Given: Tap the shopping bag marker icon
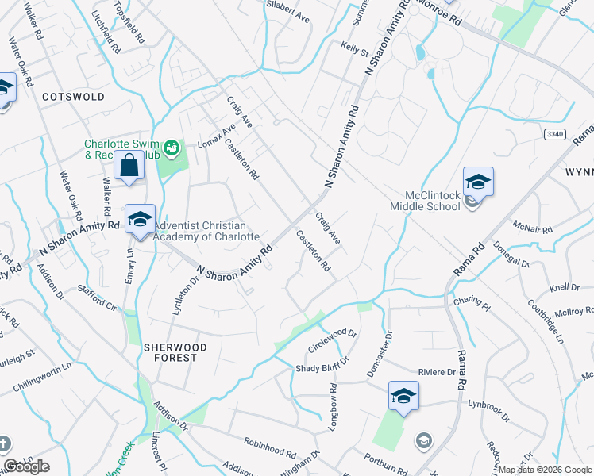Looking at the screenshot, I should (128, 167).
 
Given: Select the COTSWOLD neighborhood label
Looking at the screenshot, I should (73, 97).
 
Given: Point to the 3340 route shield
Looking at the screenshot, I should (556, 135).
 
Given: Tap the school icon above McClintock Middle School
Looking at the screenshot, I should (479, 182).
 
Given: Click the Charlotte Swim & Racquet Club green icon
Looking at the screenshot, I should (170, 147).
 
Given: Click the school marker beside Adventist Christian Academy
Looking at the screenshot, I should (140, 220).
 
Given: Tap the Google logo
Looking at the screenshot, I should (26, 467).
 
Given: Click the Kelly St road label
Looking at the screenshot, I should (355, 51).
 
